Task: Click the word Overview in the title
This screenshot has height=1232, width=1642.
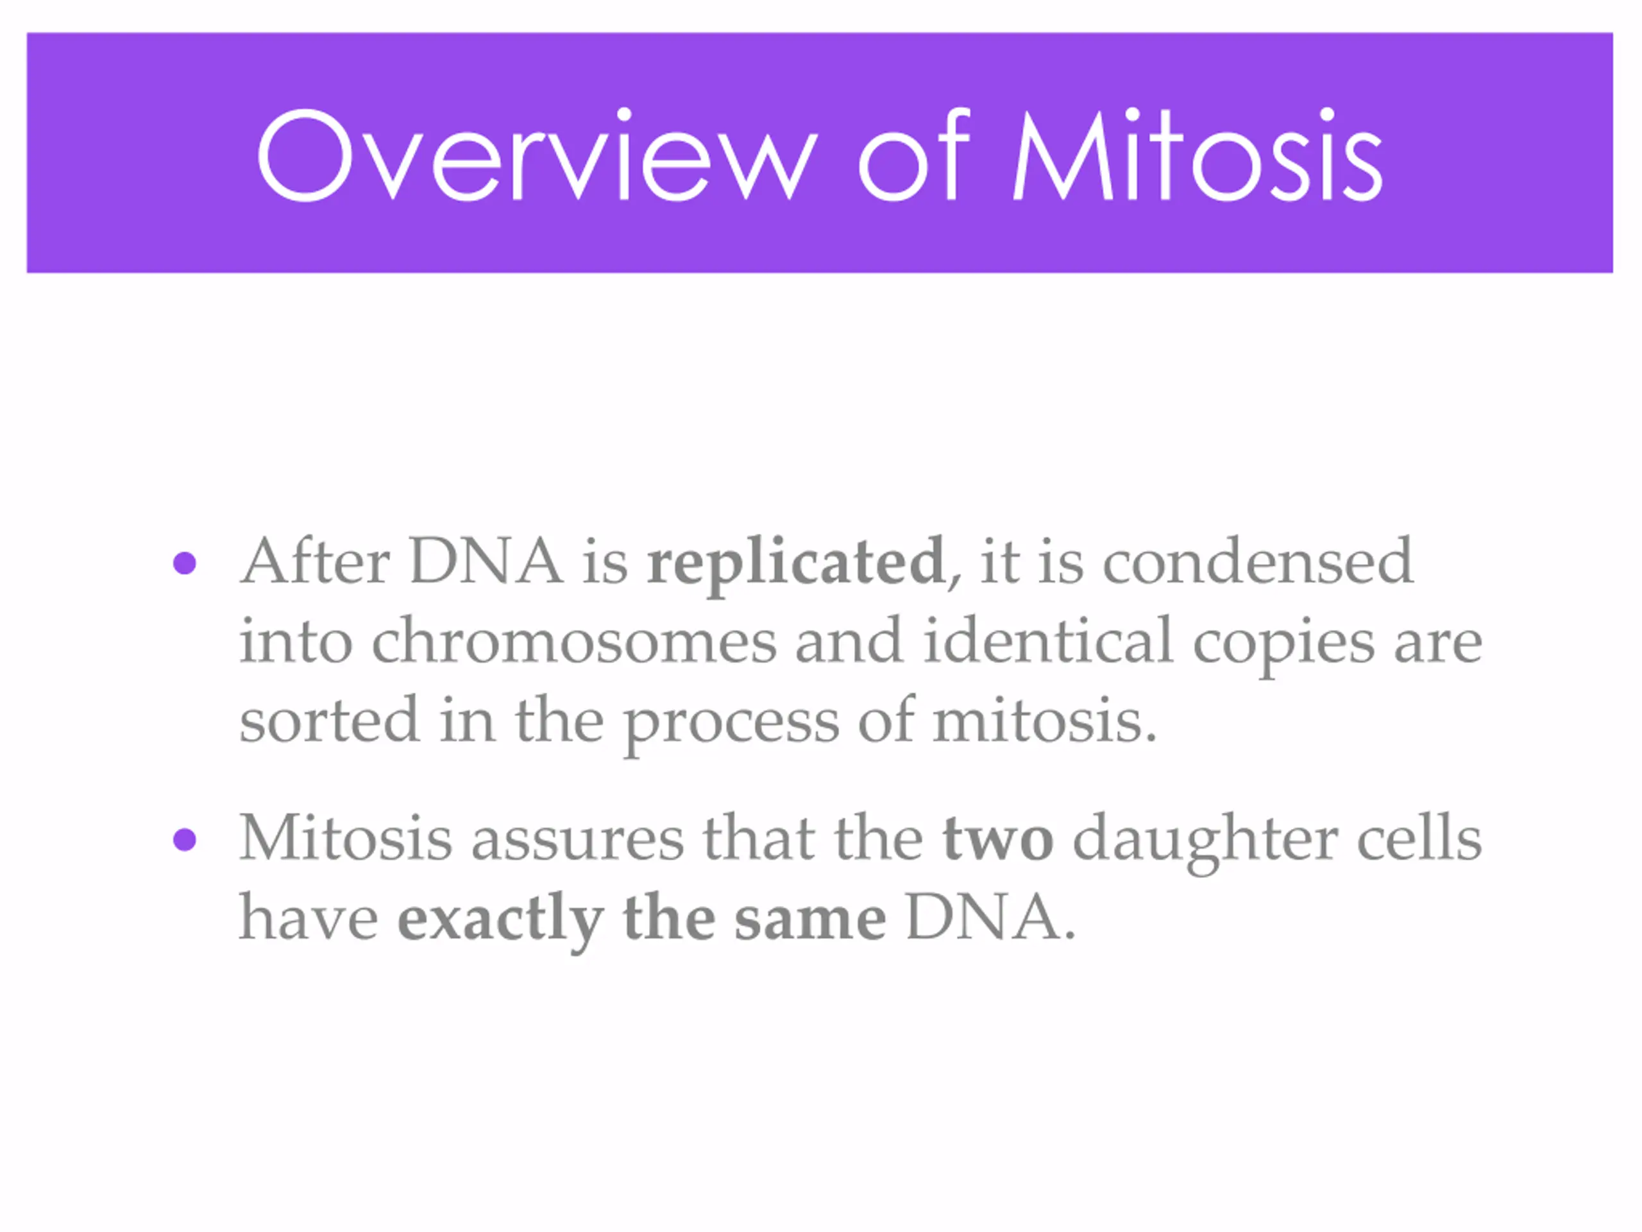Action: (x=537, y=155)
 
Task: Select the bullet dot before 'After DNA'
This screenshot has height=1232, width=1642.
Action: (x=184, y=563)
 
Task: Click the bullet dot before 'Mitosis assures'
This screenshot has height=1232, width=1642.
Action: (x=184, y=841)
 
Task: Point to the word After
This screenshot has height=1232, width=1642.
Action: (x=315, y=561)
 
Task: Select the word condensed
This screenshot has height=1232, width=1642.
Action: (x=1258, y=561)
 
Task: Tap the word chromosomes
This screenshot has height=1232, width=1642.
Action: (x=574, y=641)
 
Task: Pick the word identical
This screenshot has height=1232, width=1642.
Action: (x=1048, y=640)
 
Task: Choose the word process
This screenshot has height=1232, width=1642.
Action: (x=731, y=726)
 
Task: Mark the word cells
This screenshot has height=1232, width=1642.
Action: (x=1419, y=837)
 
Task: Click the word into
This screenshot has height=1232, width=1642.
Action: (x=296, y=641)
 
